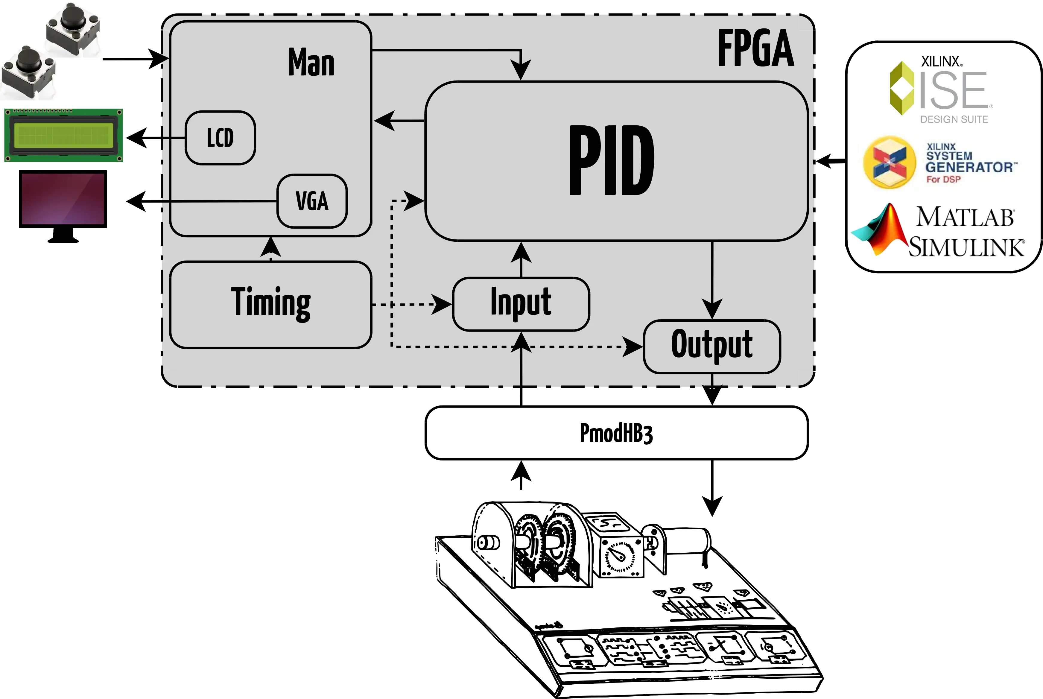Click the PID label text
pos(612,160)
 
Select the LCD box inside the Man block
pos(220,138)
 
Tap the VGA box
pos(312,201)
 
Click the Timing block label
pos(270,303)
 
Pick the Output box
pos(712,346)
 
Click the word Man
pos(311,63)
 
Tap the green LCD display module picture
pos(63,135)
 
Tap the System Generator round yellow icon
pos(889,162)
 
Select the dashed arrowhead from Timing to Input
pos(442,305)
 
